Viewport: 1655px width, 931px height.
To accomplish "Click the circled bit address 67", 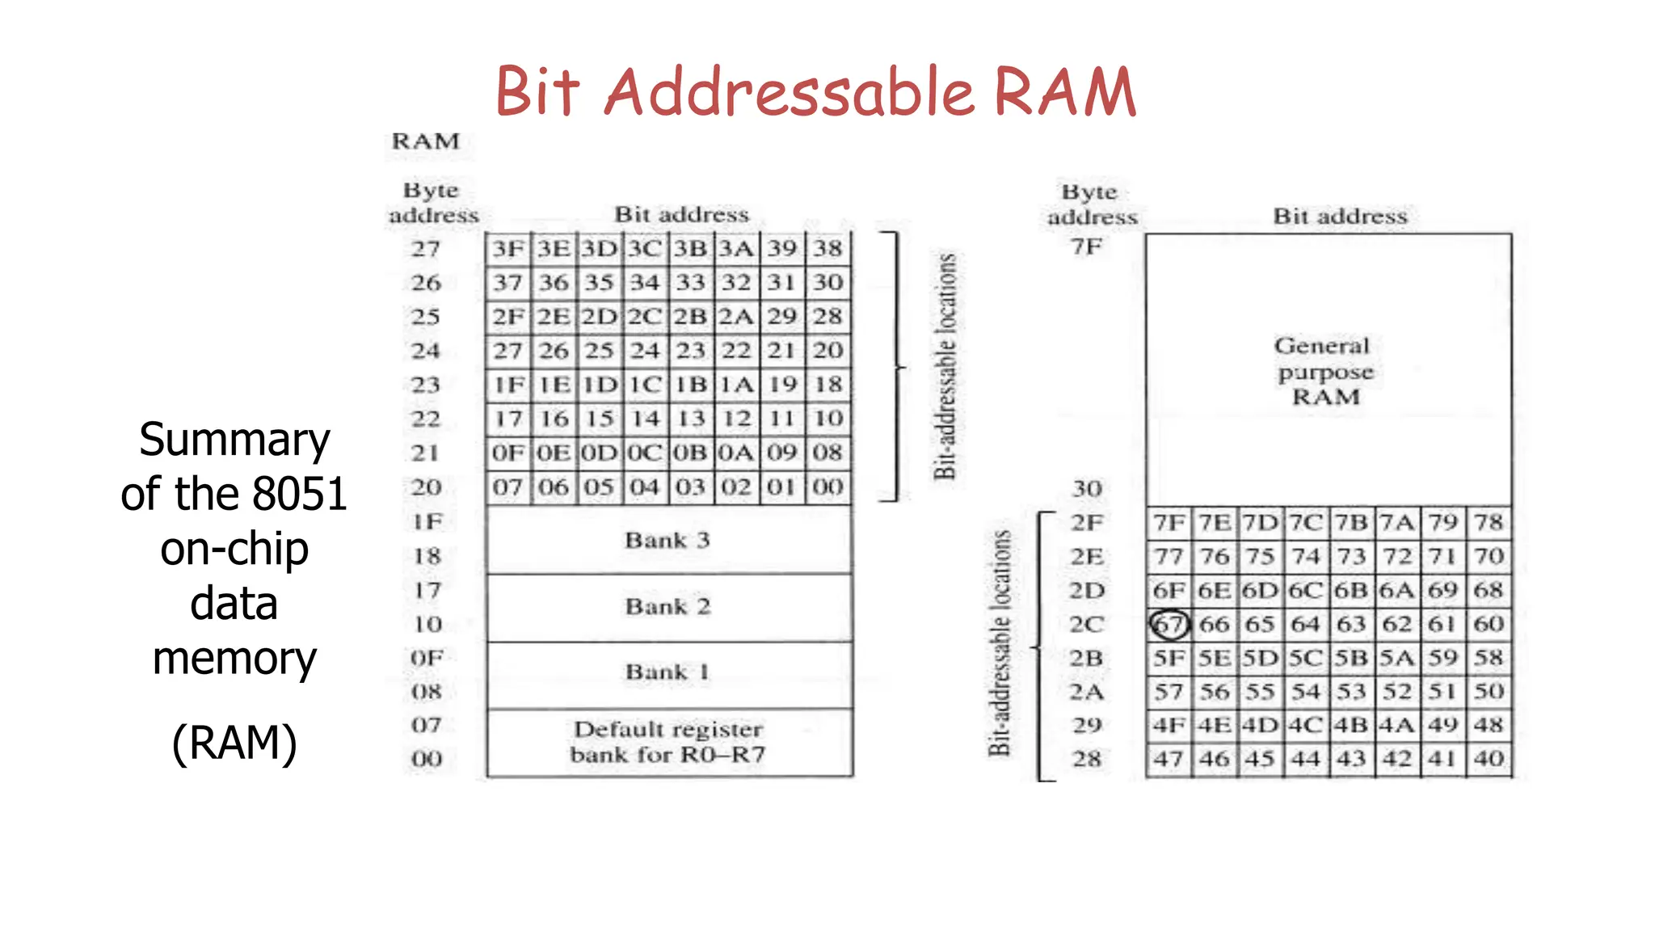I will coord(1169,625).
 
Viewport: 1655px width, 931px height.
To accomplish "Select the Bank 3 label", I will coord(667,540).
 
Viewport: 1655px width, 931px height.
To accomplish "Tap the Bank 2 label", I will coord(667,606).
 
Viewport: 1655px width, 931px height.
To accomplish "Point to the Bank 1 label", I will coord(667,672).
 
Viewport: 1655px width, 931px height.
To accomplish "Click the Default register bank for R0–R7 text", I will coord(668,742).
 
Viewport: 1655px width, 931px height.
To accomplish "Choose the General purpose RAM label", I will coord(1324,372).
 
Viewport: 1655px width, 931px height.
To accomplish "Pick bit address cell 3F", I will coord(508,249).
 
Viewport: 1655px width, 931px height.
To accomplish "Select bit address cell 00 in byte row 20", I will coord(827,487).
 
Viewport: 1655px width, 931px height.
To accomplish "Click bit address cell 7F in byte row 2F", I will coord(1169,523).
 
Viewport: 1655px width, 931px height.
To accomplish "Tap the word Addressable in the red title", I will coord(790,92).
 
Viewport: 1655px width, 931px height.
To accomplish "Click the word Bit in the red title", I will coord(537,92).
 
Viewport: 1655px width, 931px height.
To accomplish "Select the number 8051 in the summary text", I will coord(300,494).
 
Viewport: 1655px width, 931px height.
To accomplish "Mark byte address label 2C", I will coord(1086,625).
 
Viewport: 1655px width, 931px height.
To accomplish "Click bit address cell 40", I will coord(1489,759).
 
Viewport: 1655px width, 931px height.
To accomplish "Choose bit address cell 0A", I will coord(736,453).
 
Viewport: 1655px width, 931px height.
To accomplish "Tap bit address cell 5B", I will coord(1351,658).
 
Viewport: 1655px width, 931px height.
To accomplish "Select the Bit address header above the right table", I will coord(1340,217).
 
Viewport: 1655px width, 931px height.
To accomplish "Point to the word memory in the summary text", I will coord(234,658).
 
